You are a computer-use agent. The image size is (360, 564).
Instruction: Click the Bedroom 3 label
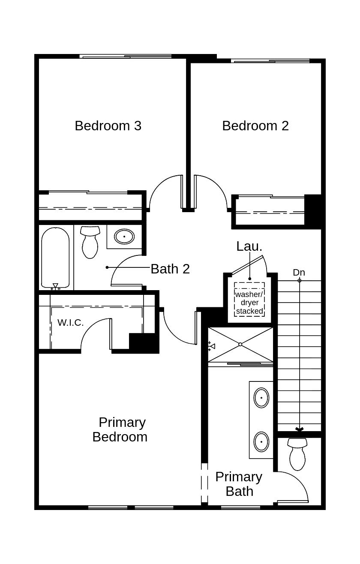point(108,126)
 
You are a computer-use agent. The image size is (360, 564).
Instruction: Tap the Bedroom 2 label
point(255,126)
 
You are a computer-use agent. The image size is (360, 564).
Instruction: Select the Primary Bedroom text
point(120,429)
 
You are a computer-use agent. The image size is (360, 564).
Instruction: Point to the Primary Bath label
point(239,484)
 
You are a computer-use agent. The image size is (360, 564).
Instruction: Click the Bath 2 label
point(170,269)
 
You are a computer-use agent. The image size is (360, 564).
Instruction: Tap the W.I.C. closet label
point(71,323)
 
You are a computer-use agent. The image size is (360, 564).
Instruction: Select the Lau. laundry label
point(249,246)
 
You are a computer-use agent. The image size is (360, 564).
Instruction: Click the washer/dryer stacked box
point(249,300)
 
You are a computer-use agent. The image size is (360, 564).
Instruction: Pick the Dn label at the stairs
point(299,272)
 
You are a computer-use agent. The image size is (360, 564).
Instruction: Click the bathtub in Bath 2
point(55,257)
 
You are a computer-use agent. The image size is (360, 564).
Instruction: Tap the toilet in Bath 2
point(90,242)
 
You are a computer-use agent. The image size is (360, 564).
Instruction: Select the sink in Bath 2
point(124,236)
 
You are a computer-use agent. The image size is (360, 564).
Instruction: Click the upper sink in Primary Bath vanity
point(261,398)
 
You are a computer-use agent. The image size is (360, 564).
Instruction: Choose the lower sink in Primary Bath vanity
point(261,441)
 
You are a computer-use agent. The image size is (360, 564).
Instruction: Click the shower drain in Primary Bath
point(240,344)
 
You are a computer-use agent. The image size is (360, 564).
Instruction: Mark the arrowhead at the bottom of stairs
point(299,429)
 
